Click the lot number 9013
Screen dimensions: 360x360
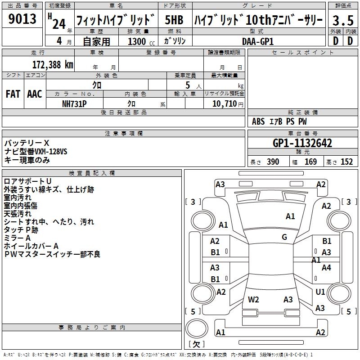(22, 19)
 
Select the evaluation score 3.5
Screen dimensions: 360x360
(342, 20)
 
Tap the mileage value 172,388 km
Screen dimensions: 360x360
(53, 64)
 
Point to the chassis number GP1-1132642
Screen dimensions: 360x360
(302, 144)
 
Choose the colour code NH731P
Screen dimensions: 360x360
(75, 103)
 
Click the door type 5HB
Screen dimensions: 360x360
(174, 20)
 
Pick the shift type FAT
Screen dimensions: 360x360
(13, 94)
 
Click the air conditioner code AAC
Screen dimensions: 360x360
(35, 94)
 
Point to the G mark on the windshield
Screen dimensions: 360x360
(284, 237)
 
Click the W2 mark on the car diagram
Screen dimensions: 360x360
(253, 299)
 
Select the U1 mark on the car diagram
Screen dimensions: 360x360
(320, 292)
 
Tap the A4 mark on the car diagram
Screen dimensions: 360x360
(326, 268)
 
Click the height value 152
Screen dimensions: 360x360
(346, 162)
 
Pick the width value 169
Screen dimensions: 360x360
(310, 162)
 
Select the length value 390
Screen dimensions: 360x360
(273, 162)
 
